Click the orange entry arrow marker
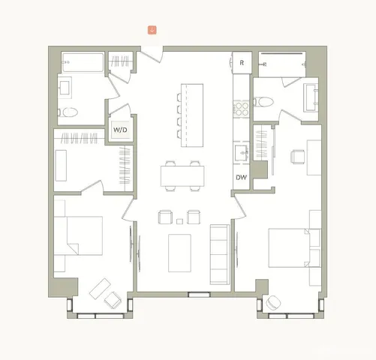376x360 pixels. click(x=152, y=30)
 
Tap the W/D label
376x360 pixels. click(x=120, y=130)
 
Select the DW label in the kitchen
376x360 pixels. click(x=241, y=178)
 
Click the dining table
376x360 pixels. click(x=182, y=175)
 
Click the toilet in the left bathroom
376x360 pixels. click(x=70, y=113)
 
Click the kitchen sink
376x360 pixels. click(x=242, y=153)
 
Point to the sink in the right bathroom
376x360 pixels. click(x=311, y=95)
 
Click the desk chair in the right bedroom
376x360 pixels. click(x=297, y=157)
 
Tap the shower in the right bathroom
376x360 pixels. click(x=282, y=63)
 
